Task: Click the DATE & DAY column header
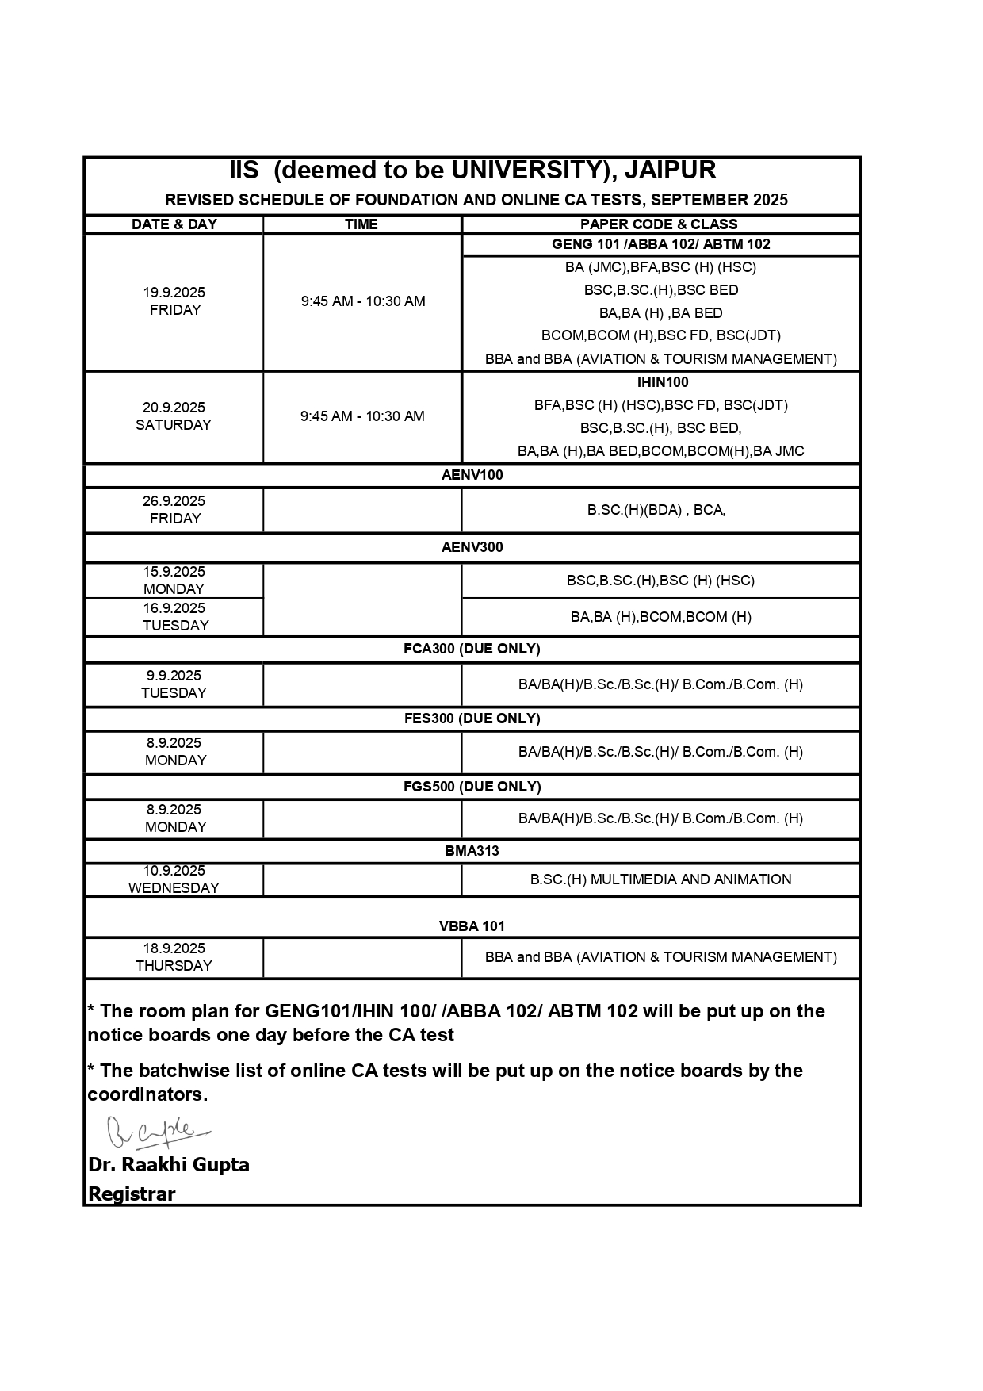(174, 224)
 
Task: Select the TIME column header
(361, 224)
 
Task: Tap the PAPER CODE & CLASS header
(659, 224)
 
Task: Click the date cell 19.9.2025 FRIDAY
(174, 301)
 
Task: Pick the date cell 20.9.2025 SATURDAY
(174, 416)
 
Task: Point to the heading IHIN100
(663, 382)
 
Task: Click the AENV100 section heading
(472, 475)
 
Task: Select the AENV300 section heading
(472, 547)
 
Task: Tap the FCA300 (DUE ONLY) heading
(472, 649)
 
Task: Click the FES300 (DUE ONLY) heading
(472, 718)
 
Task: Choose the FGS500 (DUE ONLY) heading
(472, 787)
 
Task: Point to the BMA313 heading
(472, 851)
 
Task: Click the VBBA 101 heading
(472, 926)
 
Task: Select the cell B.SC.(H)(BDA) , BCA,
(656, 510)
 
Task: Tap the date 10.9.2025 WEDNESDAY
(174, 879)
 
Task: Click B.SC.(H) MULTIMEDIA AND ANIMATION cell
(660, 879)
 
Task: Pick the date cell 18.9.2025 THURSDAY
(174, 957)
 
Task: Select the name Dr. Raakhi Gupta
(169, 1165)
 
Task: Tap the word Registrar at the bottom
(132, 1194)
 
